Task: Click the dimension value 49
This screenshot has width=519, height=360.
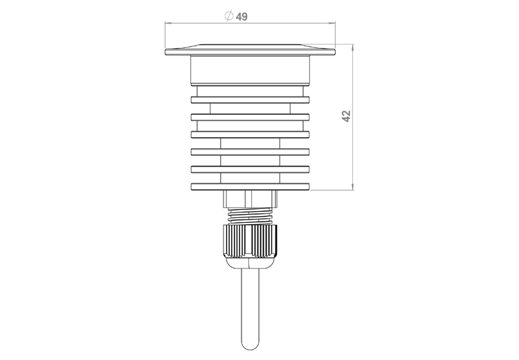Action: click(242, 17)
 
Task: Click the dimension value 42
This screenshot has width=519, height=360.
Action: click(346, 116)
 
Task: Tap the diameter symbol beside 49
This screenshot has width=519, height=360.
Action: click(229, 16)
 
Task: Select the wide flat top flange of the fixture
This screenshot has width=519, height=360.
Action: click(251, 50)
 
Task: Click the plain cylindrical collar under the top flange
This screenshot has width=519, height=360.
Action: click(251, 70)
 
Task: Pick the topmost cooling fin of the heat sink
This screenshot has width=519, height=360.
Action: click(251, 100)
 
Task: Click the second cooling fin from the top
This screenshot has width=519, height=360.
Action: click(251, 117)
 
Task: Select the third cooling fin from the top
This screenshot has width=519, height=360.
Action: click(251, 134)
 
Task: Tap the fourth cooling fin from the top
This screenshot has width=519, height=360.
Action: click(251, 152)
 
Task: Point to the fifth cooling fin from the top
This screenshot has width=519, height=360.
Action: click(251, 169)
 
